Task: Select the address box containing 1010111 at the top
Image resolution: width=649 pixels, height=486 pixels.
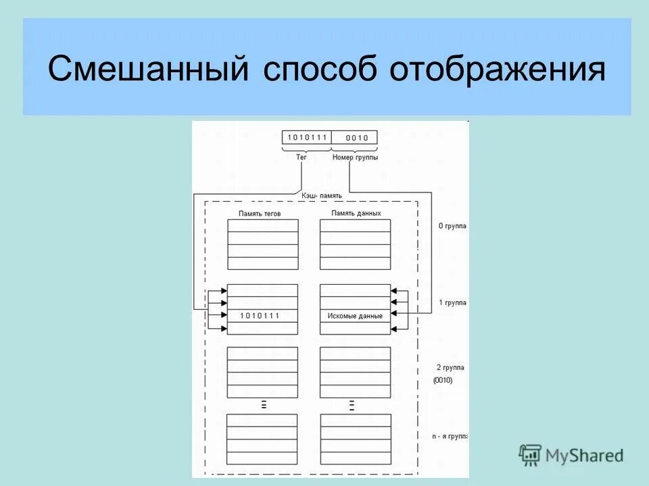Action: (307, 138)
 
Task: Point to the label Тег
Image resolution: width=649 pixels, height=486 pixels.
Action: (302, 157)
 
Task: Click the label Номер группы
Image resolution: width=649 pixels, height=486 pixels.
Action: (356, 157)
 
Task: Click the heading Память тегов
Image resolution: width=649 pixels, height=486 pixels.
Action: (260, 213)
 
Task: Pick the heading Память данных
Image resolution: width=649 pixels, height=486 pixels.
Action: (356, 213)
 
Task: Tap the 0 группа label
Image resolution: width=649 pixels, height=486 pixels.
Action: (452, 226)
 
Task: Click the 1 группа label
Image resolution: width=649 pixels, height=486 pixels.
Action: (452, 303)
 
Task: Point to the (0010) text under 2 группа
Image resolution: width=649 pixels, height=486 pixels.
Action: (443, 380)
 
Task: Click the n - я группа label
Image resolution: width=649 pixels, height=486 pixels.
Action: (450, 437)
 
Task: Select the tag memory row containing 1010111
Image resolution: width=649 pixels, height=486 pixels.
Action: (262, 315)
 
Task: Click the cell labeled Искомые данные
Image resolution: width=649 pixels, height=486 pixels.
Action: (355, 315)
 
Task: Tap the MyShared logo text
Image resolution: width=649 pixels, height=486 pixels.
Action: (585, 456)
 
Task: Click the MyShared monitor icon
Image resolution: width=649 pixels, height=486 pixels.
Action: (530, 454)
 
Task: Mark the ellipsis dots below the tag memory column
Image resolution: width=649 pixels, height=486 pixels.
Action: (263, 404)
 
